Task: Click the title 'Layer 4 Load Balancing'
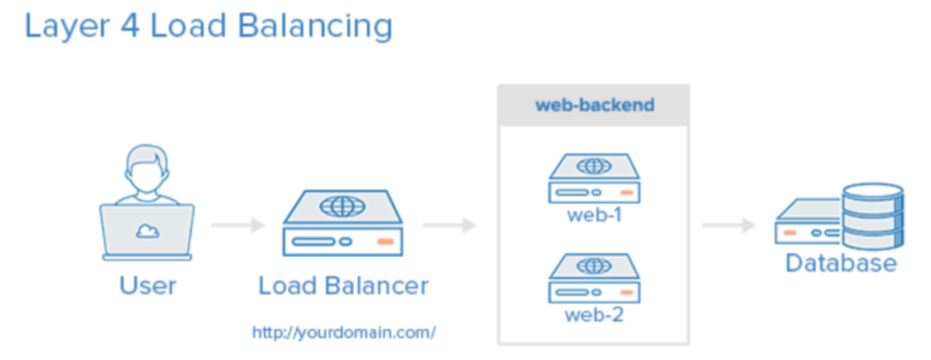pyautogui.click(x=208, y=26)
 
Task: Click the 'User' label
pyautogui.click(x=147, y=286)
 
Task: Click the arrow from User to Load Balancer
pyautogui.click(x=238, y=225)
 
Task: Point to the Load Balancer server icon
pyautogui.click(x=342, y=223)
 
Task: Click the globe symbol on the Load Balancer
pyautogui.click(x=342, y=207)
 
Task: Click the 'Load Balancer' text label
pyautogui.click(x=343, y=286)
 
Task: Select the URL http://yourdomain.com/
pyautogui.click(x=343, y=333)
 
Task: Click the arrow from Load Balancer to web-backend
pyautogui.click(x=450, y=225)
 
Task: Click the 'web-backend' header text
pyautogui.click(x=594, y=105)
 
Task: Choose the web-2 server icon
pyautogui.click(x=594, y=278)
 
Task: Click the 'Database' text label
pyautogui.click(x=840, y=263)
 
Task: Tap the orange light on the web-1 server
pyautogui.click(x=627, y=192)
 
